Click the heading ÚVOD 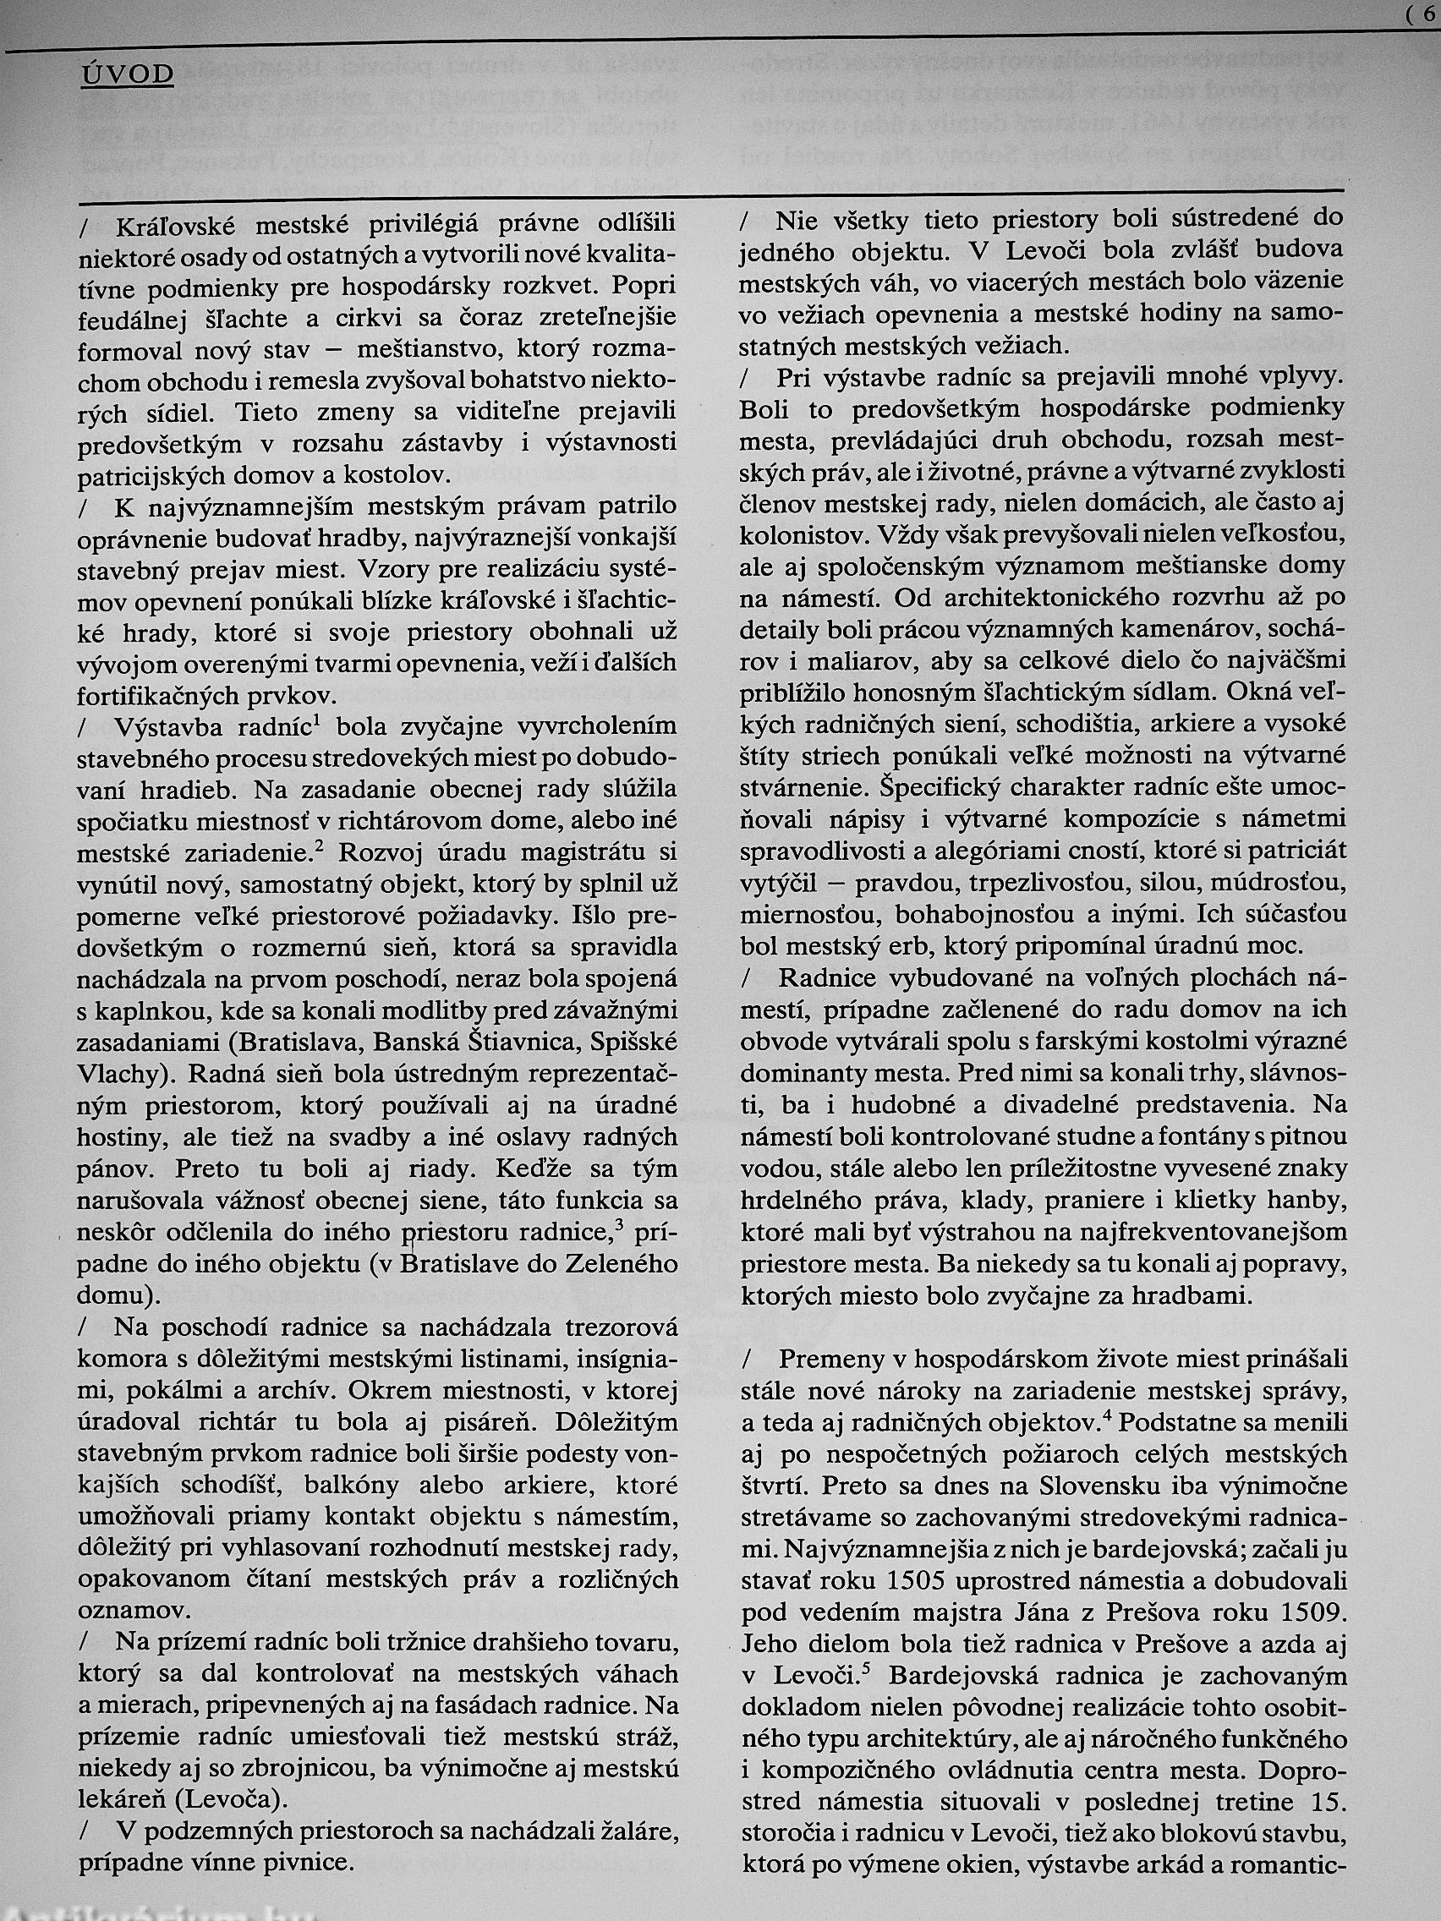click(x=128, y=74)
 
